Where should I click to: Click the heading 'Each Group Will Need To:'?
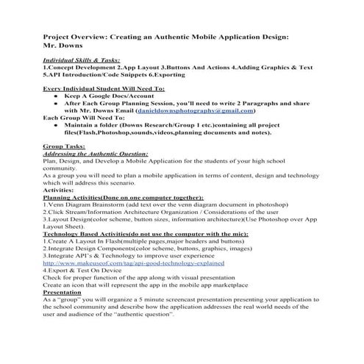point(85,118)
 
